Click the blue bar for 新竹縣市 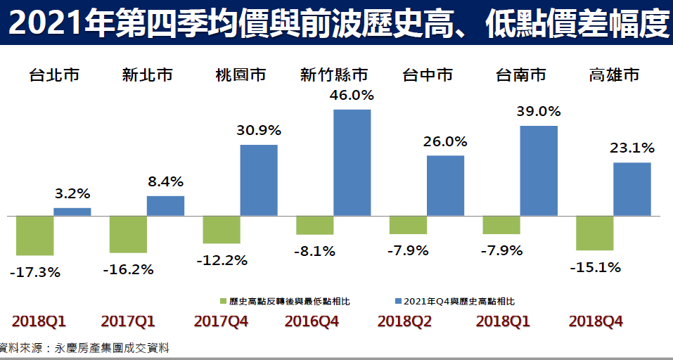352,162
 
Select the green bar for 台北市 34,235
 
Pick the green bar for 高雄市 594,233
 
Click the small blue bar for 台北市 72,211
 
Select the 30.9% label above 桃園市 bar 259,130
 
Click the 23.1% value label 632,148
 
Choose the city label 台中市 427,75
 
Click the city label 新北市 147,75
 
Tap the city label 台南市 520,75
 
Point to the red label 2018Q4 596,321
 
